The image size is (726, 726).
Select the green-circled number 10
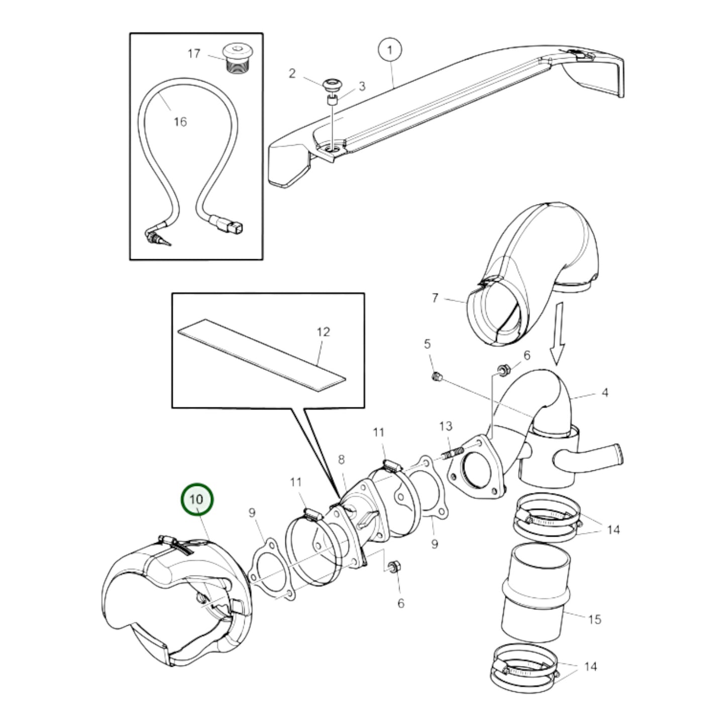(197, 499)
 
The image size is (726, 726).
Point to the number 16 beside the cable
(180, 122)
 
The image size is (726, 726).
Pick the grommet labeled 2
(331, 83)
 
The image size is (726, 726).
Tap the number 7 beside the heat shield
(435, 298)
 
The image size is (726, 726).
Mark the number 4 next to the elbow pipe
(604, 392)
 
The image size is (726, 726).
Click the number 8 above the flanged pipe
(341, 459)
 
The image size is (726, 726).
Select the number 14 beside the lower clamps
(590, 667)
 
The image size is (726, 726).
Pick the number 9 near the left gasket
(252, 512)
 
